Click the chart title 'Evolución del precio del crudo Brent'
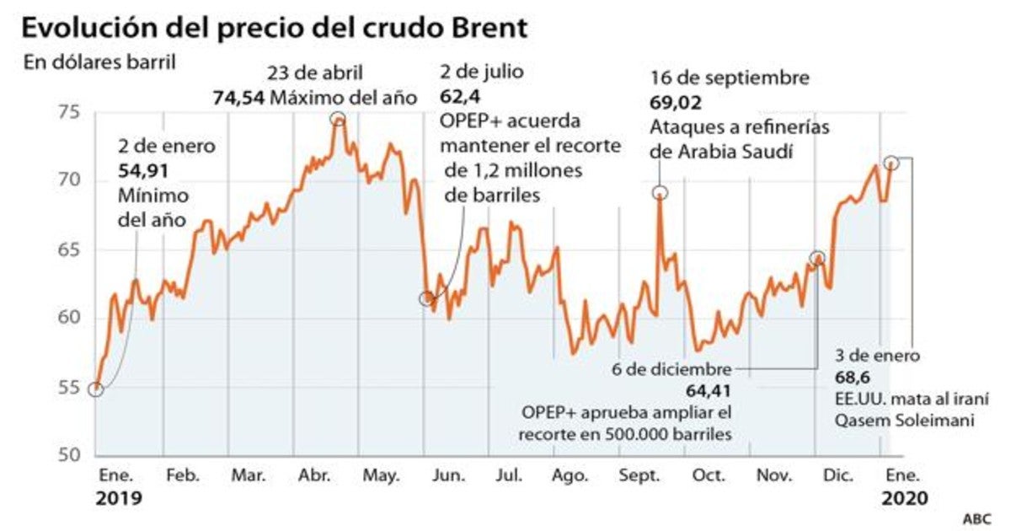pyautogui.click(x=275, y=28)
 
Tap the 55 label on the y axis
pyautogui.click(x=70, y=389)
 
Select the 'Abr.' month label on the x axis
pyautogui.click(x=313, y=476)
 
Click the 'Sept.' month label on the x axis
pyautogui.click(x=639, y=476)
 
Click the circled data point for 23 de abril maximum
pyautogui.click(x=338, y=119)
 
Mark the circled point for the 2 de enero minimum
pyautogui.click(x=96, y=389)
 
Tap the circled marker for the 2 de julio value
pyautogui.click(x=426, y=298)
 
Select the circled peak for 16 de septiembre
pyautogui.click(x=660, y=193)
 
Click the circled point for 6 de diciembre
pyautogui.click(x=816, y=258)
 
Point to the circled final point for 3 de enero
pyautogui.click(x=891, y=163)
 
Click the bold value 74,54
pyautogui.click(x=238, y=97)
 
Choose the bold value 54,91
pyautogui.click(x=145, y=171)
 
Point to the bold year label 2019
pyautogui.click(x=119, y=498)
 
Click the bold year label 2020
pyautogui.click(x=905, y=498)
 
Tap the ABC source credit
pyautogui.click(x=976, y=517)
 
